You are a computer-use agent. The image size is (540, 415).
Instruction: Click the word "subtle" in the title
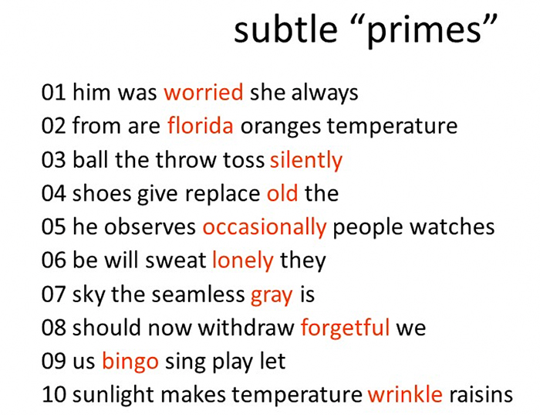click(x=285, y=29)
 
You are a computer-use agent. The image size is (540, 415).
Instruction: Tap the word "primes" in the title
click(x=424, y=32)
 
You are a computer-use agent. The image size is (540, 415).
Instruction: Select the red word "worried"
click(x=204, y=93)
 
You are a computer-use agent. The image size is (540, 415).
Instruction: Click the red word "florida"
click(x=201, y=125)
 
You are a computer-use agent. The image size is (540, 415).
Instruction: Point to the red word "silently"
click(x=306, y=161)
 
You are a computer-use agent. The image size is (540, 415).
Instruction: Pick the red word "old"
click(x=282, y=193)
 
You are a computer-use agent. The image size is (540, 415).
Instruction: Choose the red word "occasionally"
click(x=264, y=228)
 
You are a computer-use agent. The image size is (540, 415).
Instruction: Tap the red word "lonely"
click(x=243, y=260)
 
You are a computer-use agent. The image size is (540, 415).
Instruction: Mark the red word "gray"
click(x=272, y=296)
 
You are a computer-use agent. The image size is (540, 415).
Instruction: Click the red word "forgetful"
click(x=346, y=328)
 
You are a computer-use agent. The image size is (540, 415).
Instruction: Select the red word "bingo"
click(x=130, y=362)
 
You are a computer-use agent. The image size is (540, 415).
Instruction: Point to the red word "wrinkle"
click(x=405, y=394)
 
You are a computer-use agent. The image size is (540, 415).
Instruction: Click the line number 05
click(x=53, y=227)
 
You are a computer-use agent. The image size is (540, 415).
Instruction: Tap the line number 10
click(x=54, y=395)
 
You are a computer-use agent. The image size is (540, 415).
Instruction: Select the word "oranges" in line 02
click(x=281, y=127)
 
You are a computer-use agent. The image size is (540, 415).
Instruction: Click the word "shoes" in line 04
click(x=102, y=193)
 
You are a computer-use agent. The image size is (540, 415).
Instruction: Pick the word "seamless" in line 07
click(x=198, y=294)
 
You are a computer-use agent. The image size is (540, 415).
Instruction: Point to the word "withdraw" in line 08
click(x=246, y=327)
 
